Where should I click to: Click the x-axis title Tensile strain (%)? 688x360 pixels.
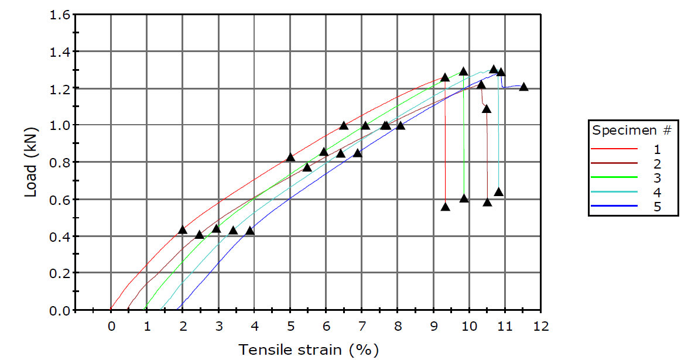[x=308, y=350]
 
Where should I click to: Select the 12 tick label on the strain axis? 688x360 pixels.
[x=541, y=327]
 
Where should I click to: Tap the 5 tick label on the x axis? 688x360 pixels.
[x=290, y=327]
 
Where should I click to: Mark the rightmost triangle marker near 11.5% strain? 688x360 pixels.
[x=523, y=87]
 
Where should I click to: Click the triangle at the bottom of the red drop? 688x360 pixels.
[x=445, y=207]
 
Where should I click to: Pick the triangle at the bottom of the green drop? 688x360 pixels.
[x=464, y=198]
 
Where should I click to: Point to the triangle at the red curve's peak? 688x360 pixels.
[x=444, y=77]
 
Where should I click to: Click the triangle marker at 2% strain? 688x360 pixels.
[x=182, y=229]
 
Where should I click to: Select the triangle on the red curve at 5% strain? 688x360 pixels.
[x=290, y=157]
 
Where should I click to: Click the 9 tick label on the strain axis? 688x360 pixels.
[x=434, y=327]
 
